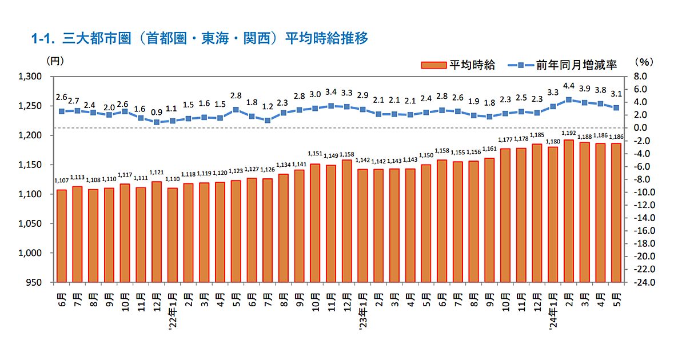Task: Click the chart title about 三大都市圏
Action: (200, 39)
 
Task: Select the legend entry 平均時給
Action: (457, 65)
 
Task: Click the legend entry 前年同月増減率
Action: (563, 65)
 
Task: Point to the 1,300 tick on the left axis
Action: (31, 77)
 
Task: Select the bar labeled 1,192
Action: (569, 211)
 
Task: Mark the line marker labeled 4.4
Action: (569, 99)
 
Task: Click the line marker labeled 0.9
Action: (157, 122)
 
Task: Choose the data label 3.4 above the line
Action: (330, 91)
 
